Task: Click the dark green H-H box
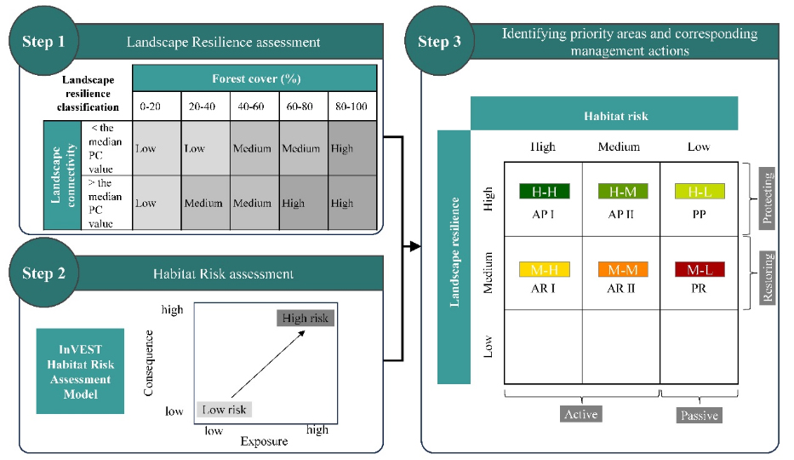544,192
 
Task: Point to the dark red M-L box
699,270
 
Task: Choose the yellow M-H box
544,270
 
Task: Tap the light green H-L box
699,192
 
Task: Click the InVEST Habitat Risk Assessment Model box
80,371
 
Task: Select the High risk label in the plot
305,318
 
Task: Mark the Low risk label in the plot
225,410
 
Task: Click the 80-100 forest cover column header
352,108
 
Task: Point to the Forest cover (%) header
256,79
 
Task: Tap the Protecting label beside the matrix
768,198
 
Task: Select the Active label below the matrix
580,414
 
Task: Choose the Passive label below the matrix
699,415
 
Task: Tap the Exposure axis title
264,441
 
